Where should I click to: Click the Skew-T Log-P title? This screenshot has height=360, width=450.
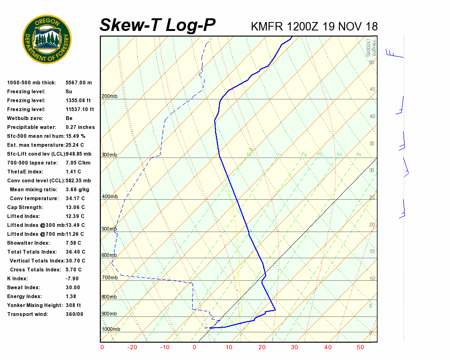pos(157,25)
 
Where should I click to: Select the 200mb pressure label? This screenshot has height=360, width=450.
pos(109,97)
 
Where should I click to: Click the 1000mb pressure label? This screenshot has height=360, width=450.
pos(111,329)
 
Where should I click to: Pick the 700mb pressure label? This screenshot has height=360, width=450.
pos(109,278)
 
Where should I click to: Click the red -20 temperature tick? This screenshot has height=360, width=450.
pos(133,347)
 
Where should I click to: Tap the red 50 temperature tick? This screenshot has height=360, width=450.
pos(360,347)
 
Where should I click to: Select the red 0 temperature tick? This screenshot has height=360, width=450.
pos(195,347)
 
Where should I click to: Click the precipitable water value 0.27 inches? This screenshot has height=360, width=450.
pos(80,127)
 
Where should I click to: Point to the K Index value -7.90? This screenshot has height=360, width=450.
pos(73,278)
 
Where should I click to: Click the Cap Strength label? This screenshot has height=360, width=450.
pos(25,207)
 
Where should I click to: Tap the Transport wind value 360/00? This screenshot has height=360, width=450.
pos(75,314)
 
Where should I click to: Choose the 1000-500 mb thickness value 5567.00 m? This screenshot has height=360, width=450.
pos(79,82)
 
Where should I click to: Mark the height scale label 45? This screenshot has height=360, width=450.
pos(372,90)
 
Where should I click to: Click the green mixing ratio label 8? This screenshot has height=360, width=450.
pos(358,154)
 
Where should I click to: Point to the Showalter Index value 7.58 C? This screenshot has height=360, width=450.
pos(74,243)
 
